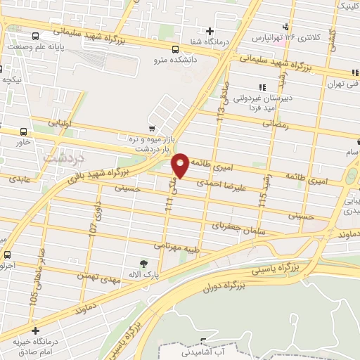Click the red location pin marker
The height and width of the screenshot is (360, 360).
coord(181,165)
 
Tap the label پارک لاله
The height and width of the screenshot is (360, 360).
coord(143,274)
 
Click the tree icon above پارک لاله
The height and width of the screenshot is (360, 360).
coord(143,263)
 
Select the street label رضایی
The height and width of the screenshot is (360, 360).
coord(276,122)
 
